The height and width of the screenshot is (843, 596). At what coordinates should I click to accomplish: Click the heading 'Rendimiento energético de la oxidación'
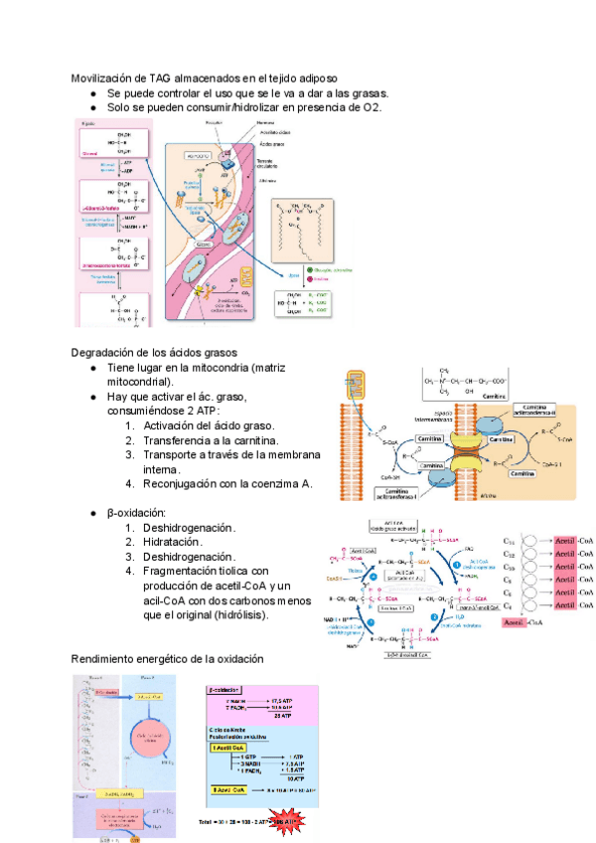tap(167, 659)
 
